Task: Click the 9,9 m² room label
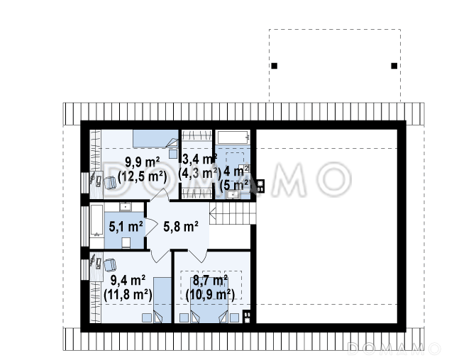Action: (142, 162)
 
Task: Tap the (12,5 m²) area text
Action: (142, 176)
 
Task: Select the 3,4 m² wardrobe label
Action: (200, 159)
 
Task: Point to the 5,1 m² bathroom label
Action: (126, 226)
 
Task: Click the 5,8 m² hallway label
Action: (181, 226)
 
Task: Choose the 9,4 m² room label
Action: (128, 280)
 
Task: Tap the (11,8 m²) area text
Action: (128, 295)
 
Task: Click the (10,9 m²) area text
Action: (210, 294)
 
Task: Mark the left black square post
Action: (275, 66)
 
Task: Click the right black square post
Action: (394, 66)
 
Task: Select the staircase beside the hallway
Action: (233, 213)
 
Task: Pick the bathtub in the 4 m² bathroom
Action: (233, 137)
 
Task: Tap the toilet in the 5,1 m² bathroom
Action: (126, 242)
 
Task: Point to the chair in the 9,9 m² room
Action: (110, 183)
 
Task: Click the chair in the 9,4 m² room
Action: (110, 265)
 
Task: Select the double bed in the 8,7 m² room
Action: (209, 300)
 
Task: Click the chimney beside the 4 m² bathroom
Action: (260, 186)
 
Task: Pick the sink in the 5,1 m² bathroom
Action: (126, 207)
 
